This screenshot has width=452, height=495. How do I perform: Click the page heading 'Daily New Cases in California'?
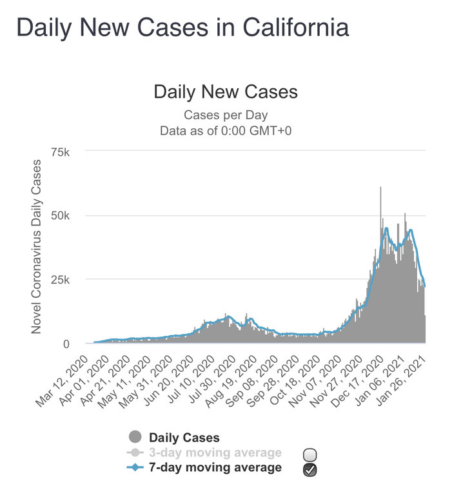point(182,28)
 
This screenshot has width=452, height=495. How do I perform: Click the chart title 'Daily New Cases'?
point(226,92)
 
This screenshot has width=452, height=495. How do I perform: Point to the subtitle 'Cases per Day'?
point(226,115)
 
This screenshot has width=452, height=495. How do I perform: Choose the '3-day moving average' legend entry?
point(215,453)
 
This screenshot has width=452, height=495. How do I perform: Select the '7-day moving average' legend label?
point(215,468)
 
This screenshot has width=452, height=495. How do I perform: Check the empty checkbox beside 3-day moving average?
point(310,456)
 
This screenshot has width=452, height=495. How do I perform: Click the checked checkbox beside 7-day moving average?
point(310,471)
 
